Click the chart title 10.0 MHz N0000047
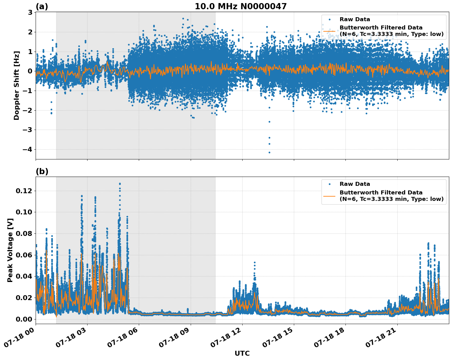pyautogui.click(x=240, y=6)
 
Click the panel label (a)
pyautogui.click(x=42, y=6)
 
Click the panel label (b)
pyautogui.click(x=42, y=171)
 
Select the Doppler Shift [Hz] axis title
pyautogui.click(x=17, y=85)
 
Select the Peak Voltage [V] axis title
pyautogui.click(x=10, y=250)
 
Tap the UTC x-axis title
pyautogui.click(x=242, y=353)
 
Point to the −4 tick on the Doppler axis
pyautogui.click(x=28, y=149)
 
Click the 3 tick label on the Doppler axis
pyautogui.click(x=30, y=12)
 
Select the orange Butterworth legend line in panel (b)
pyautogui.click(x=329, y=196)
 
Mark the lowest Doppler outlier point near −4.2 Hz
pyautogui.click(x=269, y=152)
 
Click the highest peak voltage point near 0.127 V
pyautogui.click(x=120, y=184)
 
